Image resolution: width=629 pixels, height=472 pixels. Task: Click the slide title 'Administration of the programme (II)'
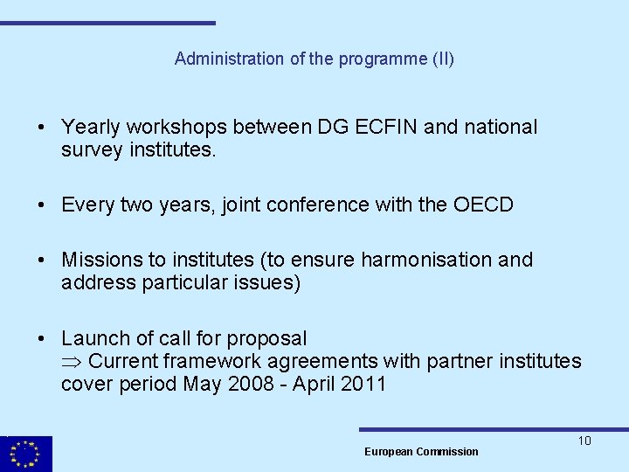(314, 59)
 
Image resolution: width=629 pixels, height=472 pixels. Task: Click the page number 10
(584, 441)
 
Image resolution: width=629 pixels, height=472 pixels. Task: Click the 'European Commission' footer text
(421, 452)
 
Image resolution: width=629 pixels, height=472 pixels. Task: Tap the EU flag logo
(25, 454)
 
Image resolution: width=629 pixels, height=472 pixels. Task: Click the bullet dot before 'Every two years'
(41, 205)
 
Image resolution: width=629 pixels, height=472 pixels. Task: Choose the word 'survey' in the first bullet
(91, 150)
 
